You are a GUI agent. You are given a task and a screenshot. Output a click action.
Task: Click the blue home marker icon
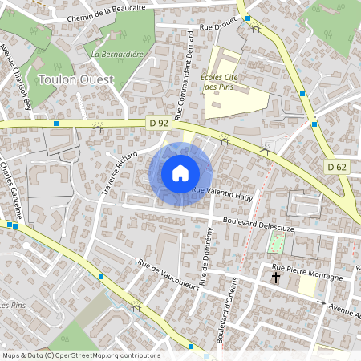click(180, 173)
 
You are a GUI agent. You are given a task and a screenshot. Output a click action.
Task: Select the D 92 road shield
click(158, 123)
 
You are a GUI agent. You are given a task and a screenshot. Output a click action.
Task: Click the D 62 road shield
click(336, 166)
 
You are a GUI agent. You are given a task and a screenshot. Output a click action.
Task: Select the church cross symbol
click(277, 278)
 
